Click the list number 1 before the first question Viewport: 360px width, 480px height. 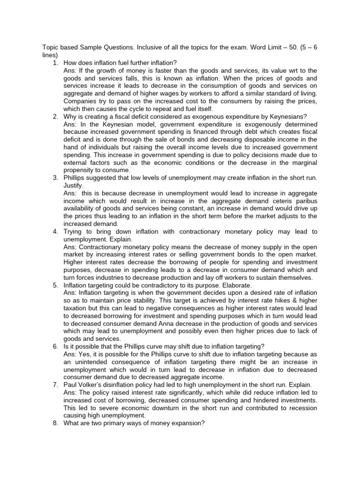click(55, 62)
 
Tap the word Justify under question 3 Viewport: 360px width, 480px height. click(74, 185)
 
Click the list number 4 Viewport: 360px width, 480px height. click(55, 232)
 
